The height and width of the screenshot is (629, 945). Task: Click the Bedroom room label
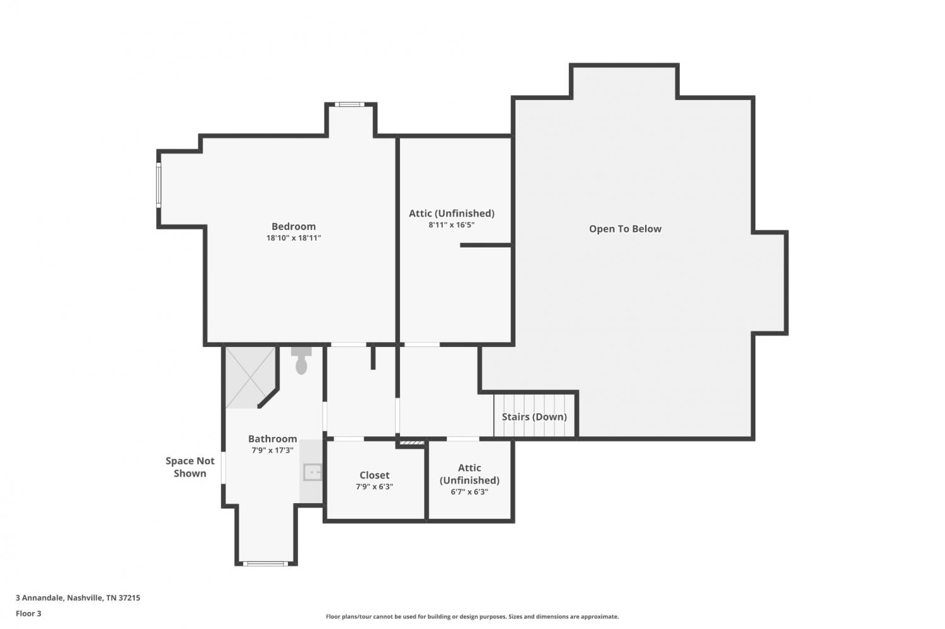pos(294,227)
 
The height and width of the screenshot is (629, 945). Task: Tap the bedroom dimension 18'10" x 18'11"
pos(294,238)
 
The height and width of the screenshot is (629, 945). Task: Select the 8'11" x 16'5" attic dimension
pos(452,225)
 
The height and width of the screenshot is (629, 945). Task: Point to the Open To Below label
pos(625,229)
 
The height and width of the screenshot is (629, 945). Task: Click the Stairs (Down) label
pos(534,417)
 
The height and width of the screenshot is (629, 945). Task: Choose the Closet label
pos(374,475)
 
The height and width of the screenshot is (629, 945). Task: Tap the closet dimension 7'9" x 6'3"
pos(374,487)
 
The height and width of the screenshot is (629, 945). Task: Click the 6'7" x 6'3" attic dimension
pos(469,492)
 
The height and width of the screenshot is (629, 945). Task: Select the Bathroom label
pos(273,439)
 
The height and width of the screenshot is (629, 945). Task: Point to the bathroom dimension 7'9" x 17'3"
pos(273,450)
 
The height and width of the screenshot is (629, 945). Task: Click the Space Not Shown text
pos(190,467)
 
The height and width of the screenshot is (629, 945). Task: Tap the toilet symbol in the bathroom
pos(301,360)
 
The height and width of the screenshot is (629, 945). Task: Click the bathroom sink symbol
pos(312,472)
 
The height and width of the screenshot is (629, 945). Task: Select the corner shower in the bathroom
pos(251,377)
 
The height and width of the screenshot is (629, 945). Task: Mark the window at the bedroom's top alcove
pos(350,105)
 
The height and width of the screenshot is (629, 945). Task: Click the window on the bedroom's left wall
pos(159,185)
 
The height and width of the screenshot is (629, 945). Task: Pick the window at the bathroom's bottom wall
pos(265,564)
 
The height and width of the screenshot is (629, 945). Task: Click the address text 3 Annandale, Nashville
pos(78,598)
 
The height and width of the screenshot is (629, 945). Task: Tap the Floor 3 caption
pos(29,613)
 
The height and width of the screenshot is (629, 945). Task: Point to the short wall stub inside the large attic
pos(486,245)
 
